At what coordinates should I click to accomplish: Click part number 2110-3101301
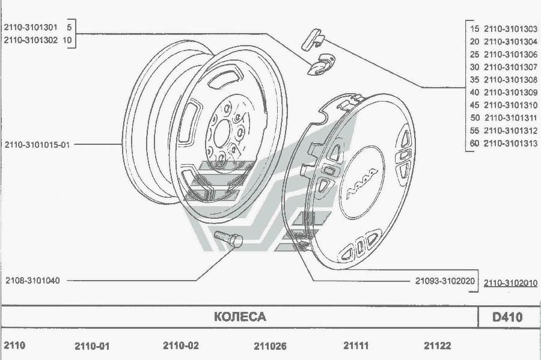(x=31, y=27)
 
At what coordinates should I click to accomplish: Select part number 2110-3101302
(x=31, y=40)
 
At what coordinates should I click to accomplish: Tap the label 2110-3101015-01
(x=37, y=144)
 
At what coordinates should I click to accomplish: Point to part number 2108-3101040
(x=33, y=280)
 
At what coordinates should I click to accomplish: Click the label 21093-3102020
(x=445, y=281)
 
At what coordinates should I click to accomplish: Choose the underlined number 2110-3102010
(x=510, y=283)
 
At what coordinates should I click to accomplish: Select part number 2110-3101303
(x=510, y=29)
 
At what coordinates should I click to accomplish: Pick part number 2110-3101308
(x=510, y=80)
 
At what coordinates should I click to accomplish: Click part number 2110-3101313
(x=510, y=143)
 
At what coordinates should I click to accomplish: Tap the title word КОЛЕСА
(x=240, y=317)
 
